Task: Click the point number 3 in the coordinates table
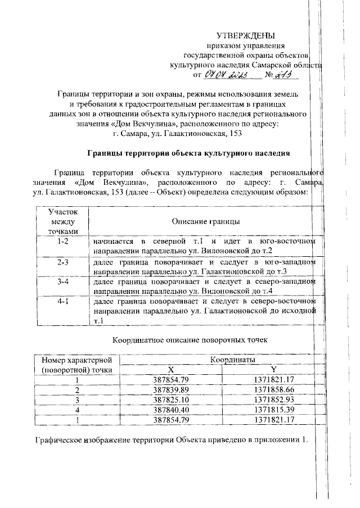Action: (77, 400)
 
